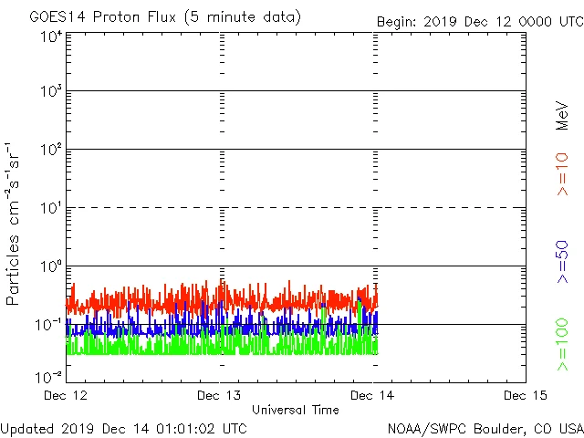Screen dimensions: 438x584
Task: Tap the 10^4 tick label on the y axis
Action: [x=50, y=36]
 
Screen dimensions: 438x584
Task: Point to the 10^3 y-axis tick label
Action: [x=50, y=92]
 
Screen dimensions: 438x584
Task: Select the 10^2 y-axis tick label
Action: [x=50, y=151]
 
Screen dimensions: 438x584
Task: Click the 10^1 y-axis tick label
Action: [x=50, y=209]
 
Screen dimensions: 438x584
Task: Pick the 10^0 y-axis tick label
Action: [x=50, y=267]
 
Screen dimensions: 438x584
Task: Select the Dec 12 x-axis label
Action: [x=66, y=395]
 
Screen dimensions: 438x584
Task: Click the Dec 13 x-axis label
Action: [x=220, y=395]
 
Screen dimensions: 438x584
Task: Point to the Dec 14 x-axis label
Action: [x=373, y=395]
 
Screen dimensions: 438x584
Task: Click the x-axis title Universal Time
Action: [x=296, y=410]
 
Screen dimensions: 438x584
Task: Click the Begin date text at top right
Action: [x=479, y=21]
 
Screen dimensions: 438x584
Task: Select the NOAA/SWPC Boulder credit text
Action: [x=485, y=427]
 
